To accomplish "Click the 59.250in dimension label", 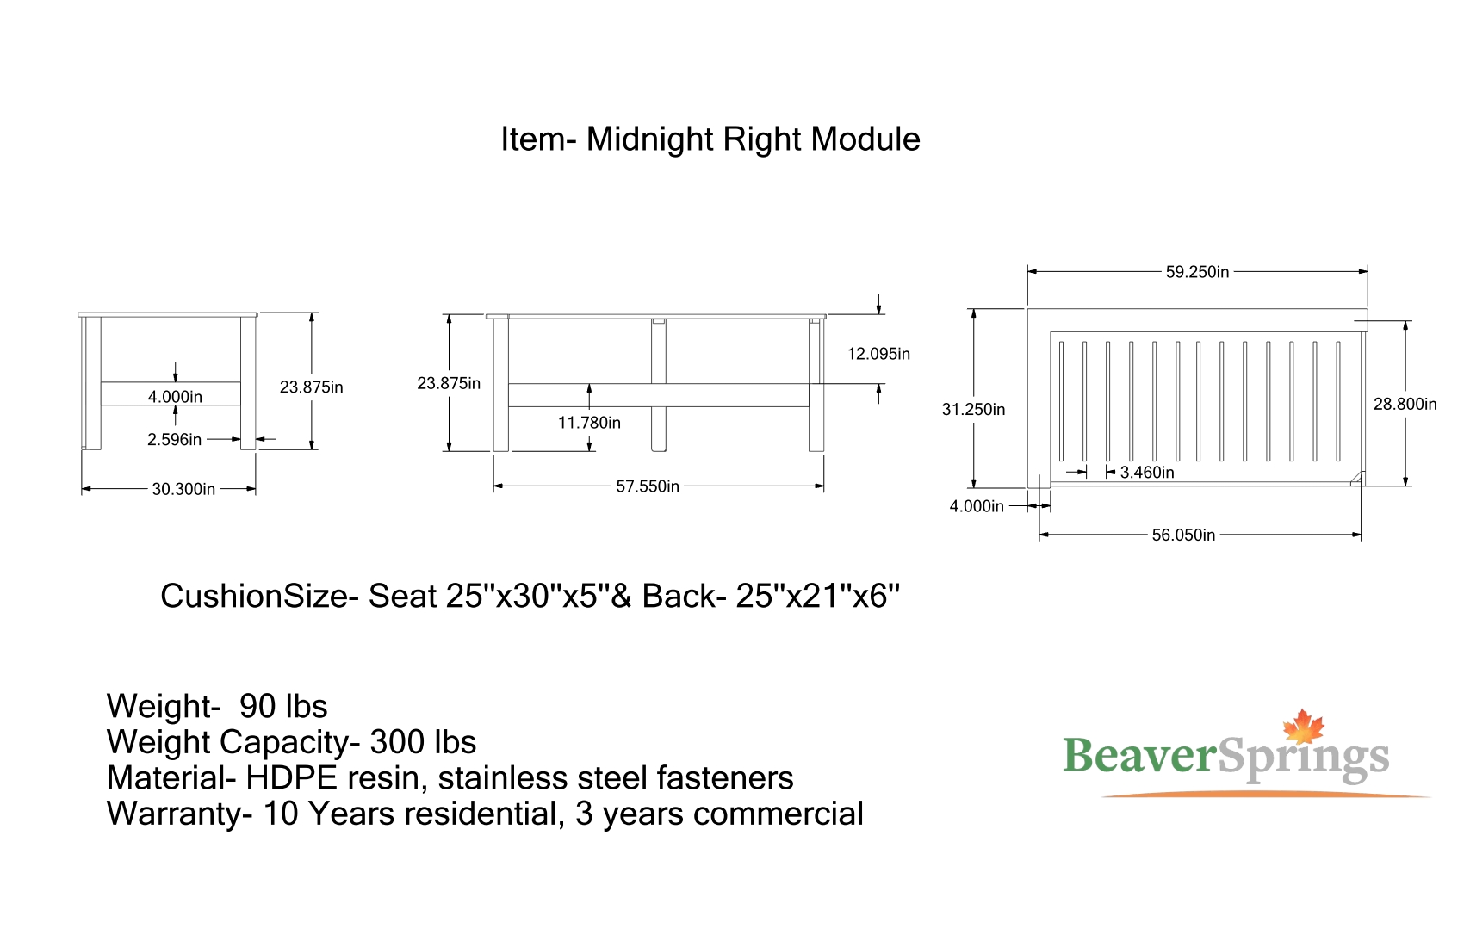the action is pos(1197,272).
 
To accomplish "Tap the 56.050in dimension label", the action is pos(1183,535).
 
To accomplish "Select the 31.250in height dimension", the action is pos(973,410).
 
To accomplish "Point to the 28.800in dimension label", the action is pos(1405,405).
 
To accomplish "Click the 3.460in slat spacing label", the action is pos(1147,473).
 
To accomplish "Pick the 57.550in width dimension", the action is pos(648,486).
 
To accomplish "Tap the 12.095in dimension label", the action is pos(878,354).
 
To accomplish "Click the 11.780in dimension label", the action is pos(589,423).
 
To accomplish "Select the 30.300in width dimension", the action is pos(183,490).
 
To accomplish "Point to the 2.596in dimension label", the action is pos(175,440).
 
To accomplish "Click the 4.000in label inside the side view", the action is pos(175,397).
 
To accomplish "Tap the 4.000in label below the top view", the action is pos(977,506).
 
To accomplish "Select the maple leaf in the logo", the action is pos(1303,727).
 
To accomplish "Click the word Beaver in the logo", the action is pos(1140,756).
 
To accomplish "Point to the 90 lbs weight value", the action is pos(283,707).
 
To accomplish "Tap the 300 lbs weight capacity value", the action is pos(423,742).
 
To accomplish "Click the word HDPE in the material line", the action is pos(291,778).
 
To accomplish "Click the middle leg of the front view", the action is pos(659,386).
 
